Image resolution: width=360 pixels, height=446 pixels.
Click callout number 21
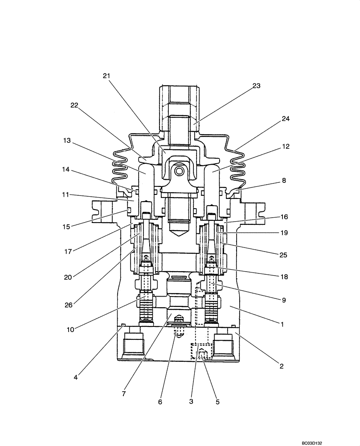106,76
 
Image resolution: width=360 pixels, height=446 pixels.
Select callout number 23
256,86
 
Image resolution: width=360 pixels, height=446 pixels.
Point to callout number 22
75,105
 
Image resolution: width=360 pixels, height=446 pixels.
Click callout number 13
66,140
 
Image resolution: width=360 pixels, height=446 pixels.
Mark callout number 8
284,181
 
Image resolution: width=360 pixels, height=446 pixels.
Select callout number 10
70,330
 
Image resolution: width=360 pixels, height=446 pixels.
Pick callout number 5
217,402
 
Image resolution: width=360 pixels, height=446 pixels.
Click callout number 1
282,324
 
